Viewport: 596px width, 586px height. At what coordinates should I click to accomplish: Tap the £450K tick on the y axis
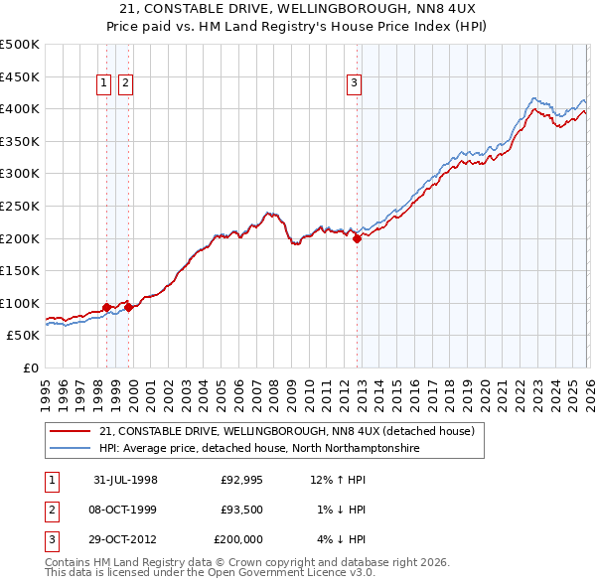pos(20,76)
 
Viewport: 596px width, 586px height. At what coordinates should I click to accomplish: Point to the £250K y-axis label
pos(20,206)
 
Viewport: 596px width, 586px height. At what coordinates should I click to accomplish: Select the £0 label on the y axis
pos(30,367)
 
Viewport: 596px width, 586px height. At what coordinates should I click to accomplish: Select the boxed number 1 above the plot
pos(103,84)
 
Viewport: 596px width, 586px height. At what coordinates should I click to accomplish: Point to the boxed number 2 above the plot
pos(125,84)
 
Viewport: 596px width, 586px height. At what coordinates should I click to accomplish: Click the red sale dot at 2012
pos(357,237)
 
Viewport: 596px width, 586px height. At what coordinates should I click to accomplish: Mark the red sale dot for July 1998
pos(107,307)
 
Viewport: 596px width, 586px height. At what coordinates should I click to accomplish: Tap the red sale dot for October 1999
pos(128,307)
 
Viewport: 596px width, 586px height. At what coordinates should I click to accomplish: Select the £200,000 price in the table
pos(238,539)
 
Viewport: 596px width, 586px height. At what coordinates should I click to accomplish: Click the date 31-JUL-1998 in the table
pos(125,480)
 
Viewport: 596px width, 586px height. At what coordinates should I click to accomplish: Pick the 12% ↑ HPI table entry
pos(338,480)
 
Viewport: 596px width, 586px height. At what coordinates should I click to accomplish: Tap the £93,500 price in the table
pos(241,510)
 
